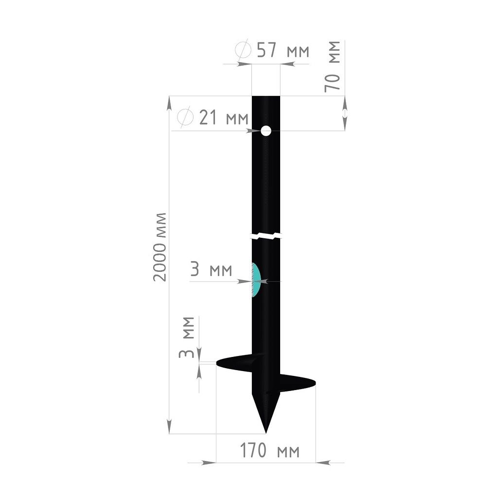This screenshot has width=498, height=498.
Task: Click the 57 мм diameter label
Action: click(x=283, y=50)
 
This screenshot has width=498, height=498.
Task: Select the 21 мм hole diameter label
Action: click(x=224, y=118)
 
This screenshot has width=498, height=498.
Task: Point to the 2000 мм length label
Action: click(x=160, y=247)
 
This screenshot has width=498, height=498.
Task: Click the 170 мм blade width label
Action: click(x=269, y=450)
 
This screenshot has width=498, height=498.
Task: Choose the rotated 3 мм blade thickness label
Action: click(x=186, y=337)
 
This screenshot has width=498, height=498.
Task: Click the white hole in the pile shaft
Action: click(x=266, y=130)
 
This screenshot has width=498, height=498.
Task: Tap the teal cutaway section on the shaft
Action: click(x=256, y=280)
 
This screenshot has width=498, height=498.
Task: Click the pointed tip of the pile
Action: click(x=266, y=432)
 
